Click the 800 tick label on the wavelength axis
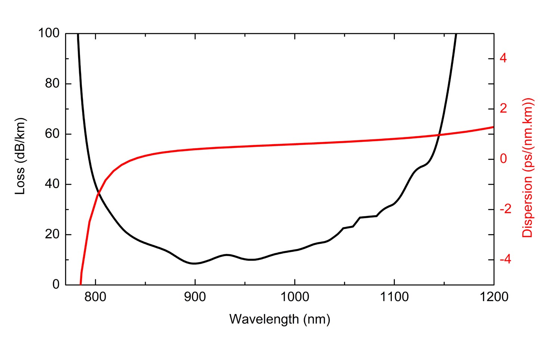coord(95,297)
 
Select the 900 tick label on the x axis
coord(195,297)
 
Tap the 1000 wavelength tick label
coord(294,297)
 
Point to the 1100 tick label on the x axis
coord(394,297)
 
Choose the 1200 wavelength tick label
coord(493,297)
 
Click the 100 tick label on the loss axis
coord(49,33)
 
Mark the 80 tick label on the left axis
coord(52,84)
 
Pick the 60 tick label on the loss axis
coord(52,134)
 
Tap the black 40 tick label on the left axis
coord(52,184)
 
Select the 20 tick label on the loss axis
coord(52,235)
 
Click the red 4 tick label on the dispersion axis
coord(503,58)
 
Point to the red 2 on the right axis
coord(503,109)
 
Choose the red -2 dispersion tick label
coord(505,209)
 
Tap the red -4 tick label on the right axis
coord(505,260)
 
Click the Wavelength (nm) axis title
coord(279,319)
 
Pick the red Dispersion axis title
coord(527,168)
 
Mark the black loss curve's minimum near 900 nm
coord(194,263)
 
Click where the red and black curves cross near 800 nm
coord(98,193)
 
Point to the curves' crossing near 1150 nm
coord(439,135)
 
